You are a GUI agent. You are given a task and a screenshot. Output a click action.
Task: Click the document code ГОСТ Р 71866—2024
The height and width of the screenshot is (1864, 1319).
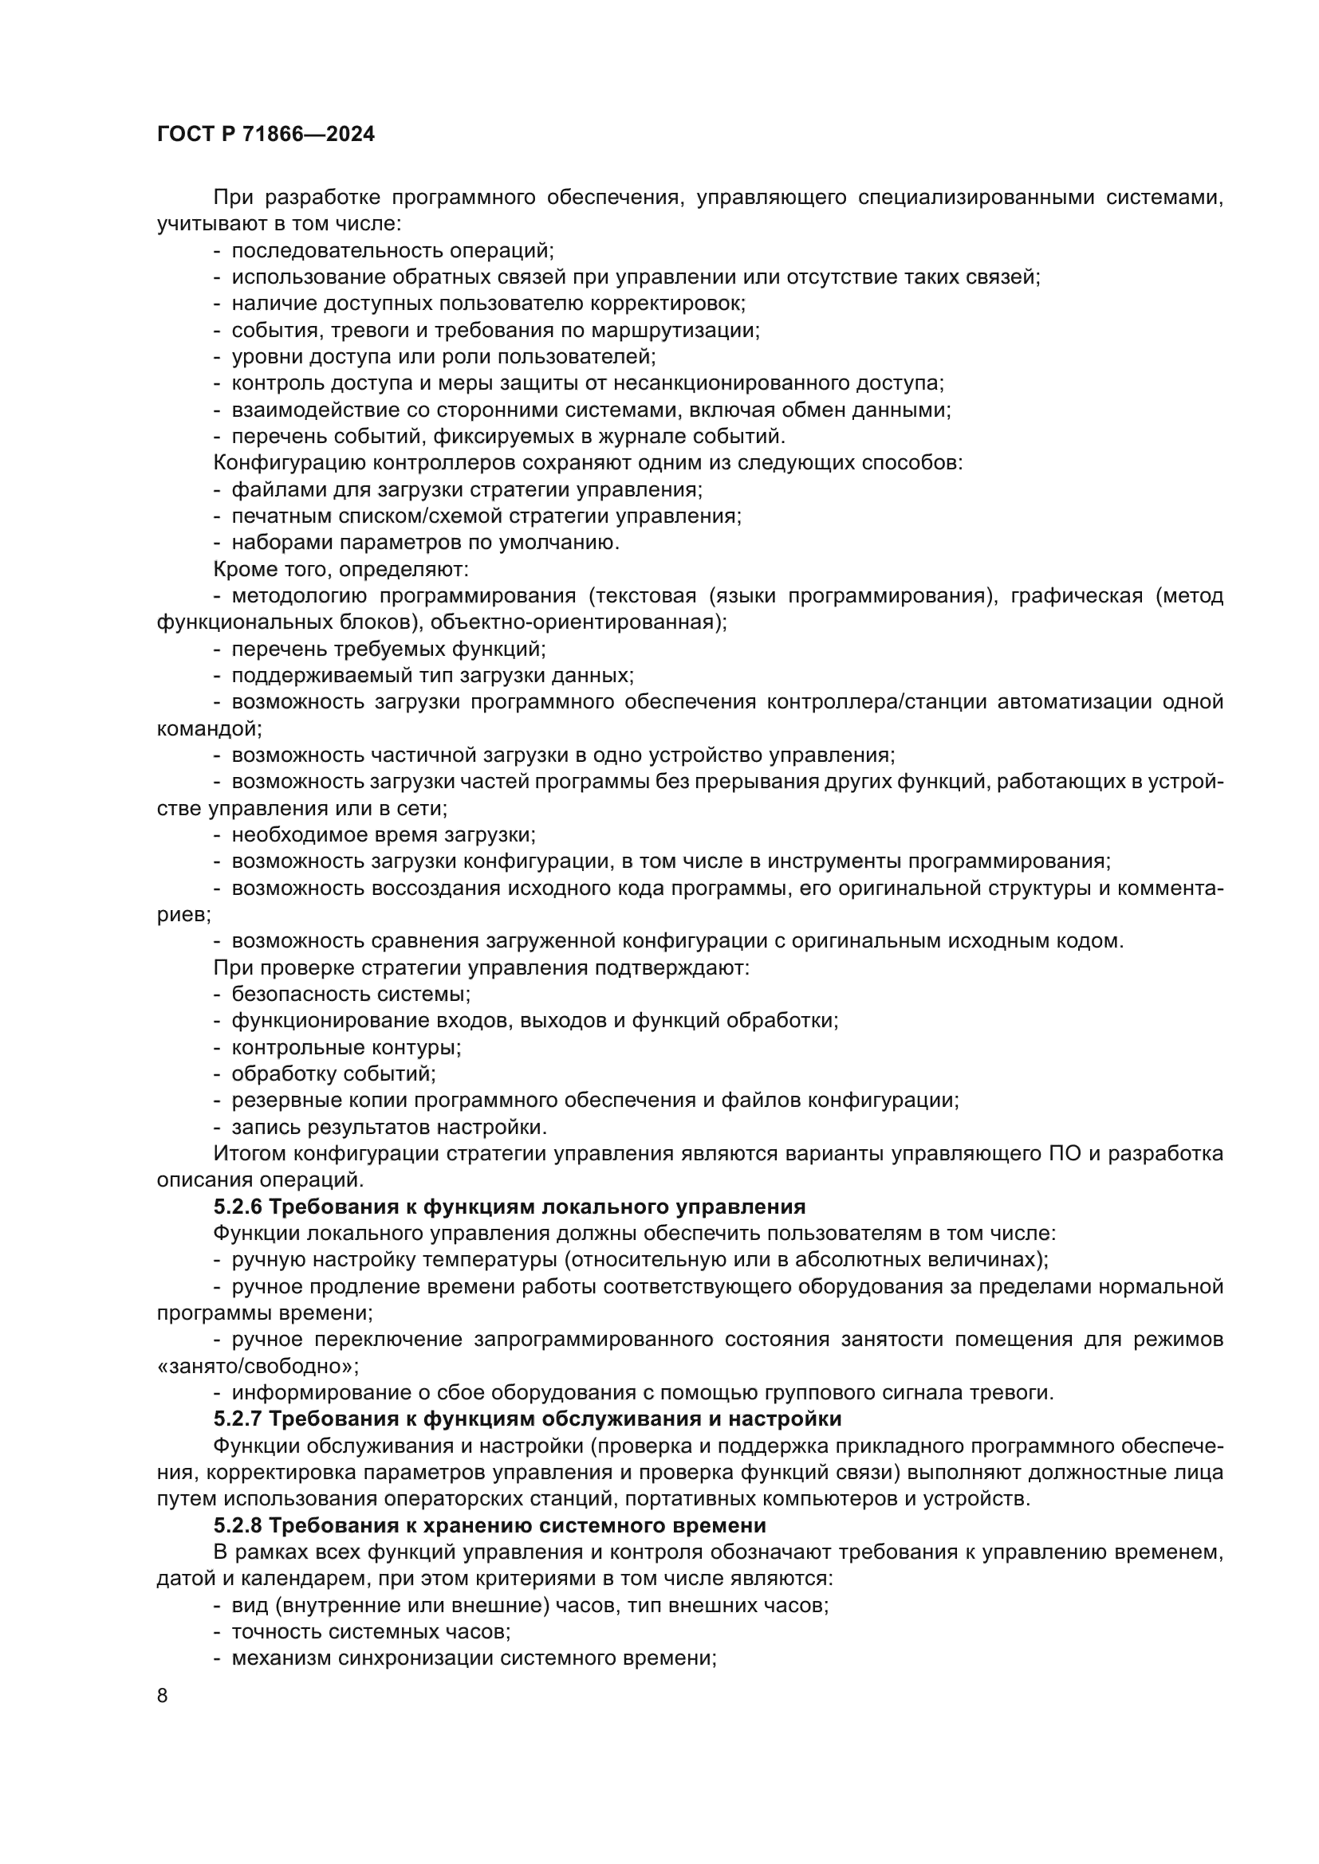click(x=266, y=134)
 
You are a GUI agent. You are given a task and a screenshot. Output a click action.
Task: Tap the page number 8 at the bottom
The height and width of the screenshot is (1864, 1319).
click(x=163, y=1695)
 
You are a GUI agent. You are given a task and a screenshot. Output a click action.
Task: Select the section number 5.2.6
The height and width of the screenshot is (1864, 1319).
click(x=237, y=1207)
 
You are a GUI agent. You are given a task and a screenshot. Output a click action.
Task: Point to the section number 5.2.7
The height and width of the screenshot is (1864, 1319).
click(x=237, y=1419)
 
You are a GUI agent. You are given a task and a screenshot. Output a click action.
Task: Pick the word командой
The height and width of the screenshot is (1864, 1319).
click(x=208, y=728)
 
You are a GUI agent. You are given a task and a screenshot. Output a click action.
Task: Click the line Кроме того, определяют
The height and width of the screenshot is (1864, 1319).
click(x=341, y=569)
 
